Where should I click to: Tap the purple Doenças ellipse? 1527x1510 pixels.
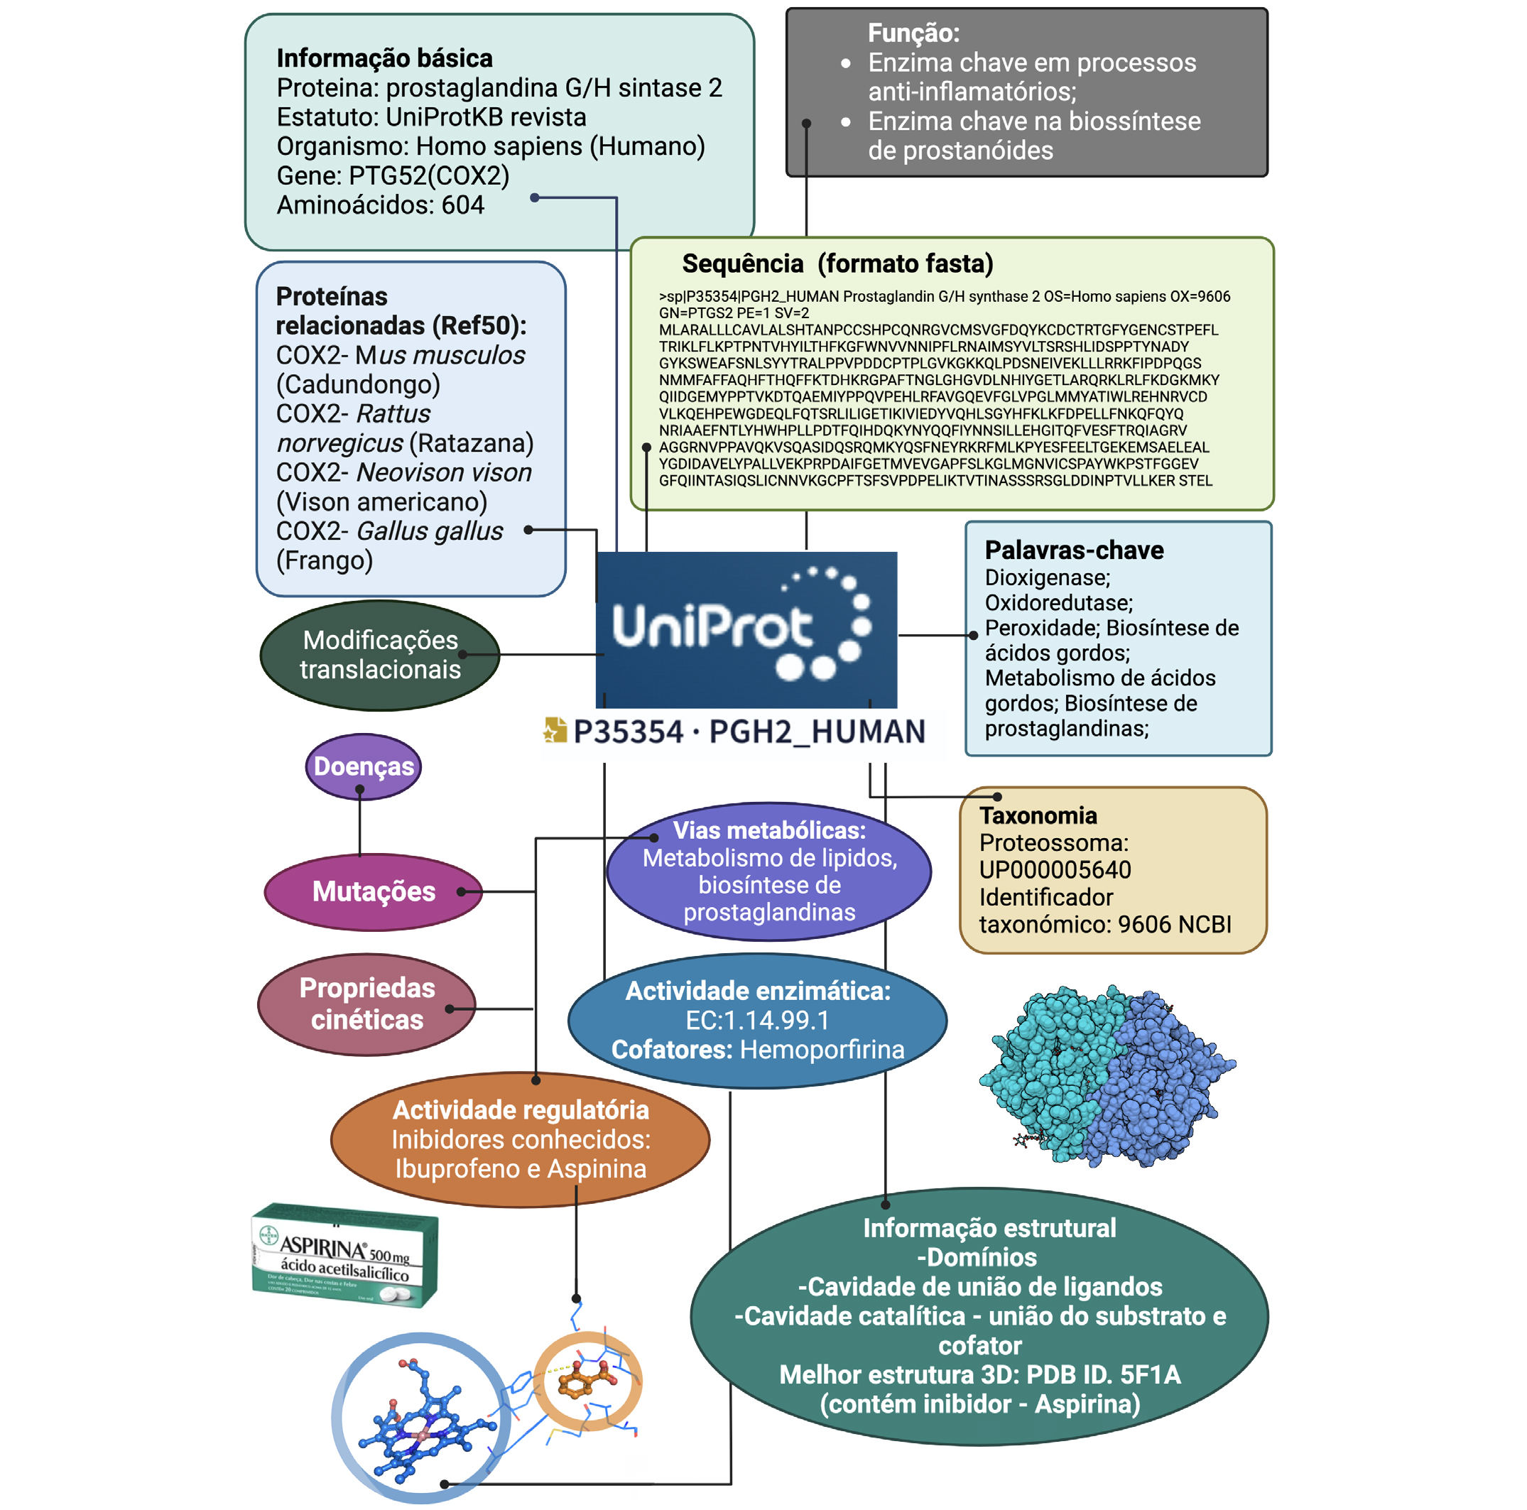click(x=364, y=766)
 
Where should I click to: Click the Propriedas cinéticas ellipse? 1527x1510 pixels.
click(x=366, y=1004)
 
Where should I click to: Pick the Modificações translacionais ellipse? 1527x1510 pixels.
click(x=379, y=655)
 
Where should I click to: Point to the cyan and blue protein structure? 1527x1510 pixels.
click(x=1107, y=1075)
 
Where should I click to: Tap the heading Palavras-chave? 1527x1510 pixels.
click(x=1073, y=550)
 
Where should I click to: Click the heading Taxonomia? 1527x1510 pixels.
click(x=1038, y=815)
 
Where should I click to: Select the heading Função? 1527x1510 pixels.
click(x=913, y=33)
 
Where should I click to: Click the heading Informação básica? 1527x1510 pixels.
click(x=384, y=58)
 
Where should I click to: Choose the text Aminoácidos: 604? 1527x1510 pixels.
click(x=380, y=205)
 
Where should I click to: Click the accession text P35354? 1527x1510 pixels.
click(x=628, y=732)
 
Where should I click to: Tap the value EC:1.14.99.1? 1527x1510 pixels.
click(x=757, y=1021)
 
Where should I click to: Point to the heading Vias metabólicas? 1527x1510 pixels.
click(x=769, y=830)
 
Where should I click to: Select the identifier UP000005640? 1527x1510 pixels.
click(x=1055, y=869)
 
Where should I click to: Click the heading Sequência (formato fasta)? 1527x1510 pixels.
click(x=837, y=264)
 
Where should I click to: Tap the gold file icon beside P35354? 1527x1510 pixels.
click(x=555, y=729)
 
